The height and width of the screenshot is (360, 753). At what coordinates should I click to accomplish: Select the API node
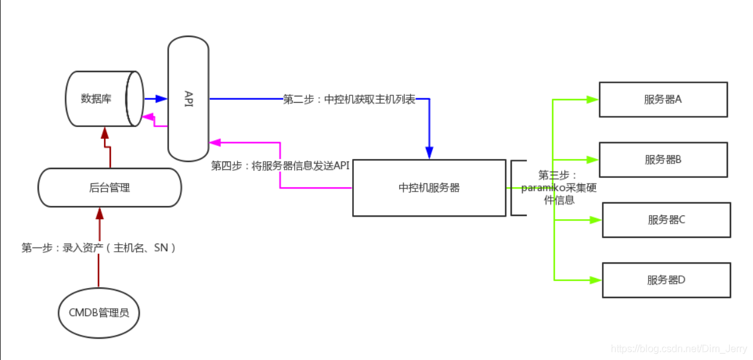point(188,98)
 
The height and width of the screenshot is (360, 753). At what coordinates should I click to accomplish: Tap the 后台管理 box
point(110,187)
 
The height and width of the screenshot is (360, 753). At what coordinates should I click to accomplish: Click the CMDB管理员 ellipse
point(98,312)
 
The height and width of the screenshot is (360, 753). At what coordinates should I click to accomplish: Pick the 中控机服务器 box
point(429,188)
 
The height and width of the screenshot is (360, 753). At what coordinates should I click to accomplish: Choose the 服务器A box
point(663,99)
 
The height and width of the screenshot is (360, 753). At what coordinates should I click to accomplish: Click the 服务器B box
point(663,160)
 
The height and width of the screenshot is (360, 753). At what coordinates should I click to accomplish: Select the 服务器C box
point(666,220)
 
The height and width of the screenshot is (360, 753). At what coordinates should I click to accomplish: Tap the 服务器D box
point(666,280)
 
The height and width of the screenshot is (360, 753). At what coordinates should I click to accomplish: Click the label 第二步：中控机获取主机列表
point(349,100)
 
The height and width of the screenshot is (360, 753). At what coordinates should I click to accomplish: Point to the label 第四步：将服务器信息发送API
point(280,166)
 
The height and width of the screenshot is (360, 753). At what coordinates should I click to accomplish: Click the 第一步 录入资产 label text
point(98,248)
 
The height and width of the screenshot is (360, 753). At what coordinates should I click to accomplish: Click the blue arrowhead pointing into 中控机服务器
point(429,153)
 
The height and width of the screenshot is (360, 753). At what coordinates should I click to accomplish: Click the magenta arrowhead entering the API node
point(215,143)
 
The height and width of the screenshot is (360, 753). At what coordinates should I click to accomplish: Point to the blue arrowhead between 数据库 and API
point(161,98)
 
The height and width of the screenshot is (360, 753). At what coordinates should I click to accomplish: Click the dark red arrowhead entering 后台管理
point(98,214)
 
